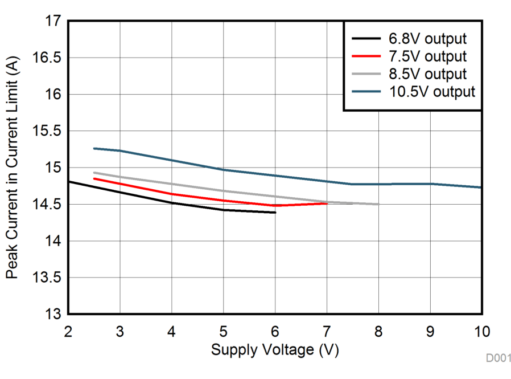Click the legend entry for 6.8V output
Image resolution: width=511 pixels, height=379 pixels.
pyautogui.click(x=427, y=39)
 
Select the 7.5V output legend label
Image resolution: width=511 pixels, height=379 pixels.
pyautogui.click(x=427, y=56)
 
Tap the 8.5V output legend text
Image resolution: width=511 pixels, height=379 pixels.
pyautogui.click(x=427, y=74)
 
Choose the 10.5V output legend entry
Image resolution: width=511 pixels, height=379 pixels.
pyautogui.click(x=432, y=92)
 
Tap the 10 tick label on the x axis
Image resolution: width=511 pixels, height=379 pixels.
pyautogui.click(x=482, y=331)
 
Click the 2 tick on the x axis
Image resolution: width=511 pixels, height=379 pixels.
pyautogui.click(x=68, y=331)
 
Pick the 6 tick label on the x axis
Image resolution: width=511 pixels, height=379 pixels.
pyautogui.click(x=275, y=331)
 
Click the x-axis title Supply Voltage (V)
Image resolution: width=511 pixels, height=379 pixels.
pyautogui.click(x=275, y=349)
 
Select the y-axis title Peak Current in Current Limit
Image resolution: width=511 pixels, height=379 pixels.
pyautogui.click(x=11, y=168)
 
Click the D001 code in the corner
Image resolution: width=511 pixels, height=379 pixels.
pyautogui.click(x=498, y=358)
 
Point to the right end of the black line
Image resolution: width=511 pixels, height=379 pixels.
pyautogui.click(x=275, y=213)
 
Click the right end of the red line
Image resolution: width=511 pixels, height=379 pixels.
pyautogui.click(x=327, y=203)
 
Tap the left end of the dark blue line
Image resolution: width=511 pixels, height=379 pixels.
pyautogui.click(x=94, y=148)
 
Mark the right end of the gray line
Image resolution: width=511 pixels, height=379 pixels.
pyautogui.click(x=378, y=204)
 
